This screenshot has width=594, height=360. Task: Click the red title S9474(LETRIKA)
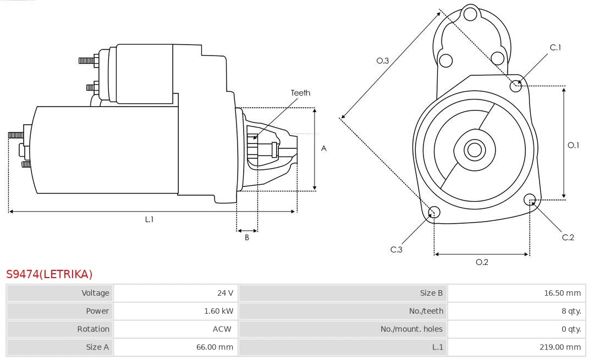click(x=50, y=274)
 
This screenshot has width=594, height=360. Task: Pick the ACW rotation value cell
click(x=222, y=329)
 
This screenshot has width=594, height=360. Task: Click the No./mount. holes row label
click(x=411, y=329)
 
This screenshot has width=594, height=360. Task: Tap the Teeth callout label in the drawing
click(x=300, y=93)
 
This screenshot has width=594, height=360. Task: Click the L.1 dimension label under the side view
click(x=149, y=219)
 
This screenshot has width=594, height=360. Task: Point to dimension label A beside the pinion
click(x=324, y=148)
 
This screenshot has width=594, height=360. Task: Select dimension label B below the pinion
click(x=247, y=237)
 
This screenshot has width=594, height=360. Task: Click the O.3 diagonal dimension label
click(x=383, y=60)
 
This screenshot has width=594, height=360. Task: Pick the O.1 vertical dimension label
click(x=574, y=145)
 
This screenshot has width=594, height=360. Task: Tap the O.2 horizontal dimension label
click(x=482, y=262)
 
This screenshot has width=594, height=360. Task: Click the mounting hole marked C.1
click(x=516, y=85)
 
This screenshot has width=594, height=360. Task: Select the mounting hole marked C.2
click(x=530, y=199)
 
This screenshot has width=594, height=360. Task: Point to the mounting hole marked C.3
click(x=434, y=213)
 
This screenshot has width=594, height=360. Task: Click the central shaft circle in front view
click(x=474, y=149)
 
